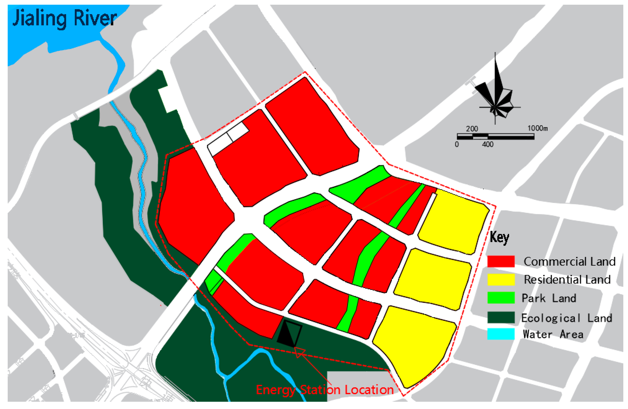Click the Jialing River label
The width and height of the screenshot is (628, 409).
pos(64,18)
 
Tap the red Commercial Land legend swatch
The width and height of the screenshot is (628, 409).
pos(501,261)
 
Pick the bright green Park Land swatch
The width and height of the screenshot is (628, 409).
pos(501,298)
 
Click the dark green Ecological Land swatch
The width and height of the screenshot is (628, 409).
pos(501,317)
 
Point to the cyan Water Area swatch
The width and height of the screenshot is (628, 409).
pos(501,334)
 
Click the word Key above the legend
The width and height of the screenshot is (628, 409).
pos(499,237)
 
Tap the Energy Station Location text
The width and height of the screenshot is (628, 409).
pos(325,390)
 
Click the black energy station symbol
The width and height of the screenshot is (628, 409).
pos(289,333)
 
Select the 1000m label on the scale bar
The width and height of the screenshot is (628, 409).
pos(537,129)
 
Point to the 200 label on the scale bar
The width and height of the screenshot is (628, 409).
pos(472,129)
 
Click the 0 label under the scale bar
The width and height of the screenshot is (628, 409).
pos(457,144)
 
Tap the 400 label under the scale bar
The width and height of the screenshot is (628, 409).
pos(488,144)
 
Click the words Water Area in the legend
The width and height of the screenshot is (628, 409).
pos(553,334)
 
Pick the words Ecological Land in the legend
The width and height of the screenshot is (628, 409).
pos(567,318)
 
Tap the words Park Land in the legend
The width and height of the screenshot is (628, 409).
pos(549,298)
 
